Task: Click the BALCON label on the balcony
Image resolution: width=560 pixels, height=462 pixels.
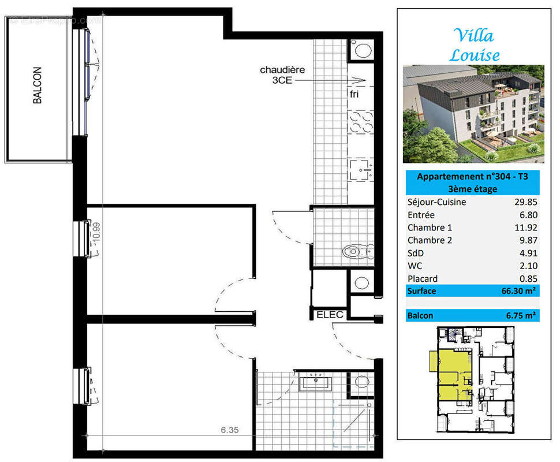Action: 37,85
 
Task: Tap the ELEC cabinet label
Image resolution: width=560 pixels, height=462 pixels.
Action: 330,315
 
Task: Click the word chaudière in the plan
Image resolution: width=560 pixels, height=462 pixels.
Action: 282,70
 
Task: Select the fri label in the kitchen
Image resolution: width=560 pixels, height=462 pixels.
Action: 354,94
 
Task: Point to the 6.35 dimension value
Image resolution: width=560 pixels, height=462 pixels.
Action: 229,430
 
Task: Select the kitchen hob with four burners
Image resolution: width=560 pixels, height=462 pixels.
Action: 361,122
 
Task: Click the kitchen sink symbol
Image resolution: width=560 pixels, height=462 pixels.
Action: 361,170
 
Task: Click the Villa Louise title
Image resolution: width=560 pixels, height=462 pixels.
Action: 475,46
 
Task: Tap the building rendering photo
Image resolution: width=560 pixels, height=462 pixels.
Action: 473,114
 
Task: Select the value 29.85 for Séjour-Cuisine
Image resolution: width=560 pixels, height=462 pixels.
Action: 526,202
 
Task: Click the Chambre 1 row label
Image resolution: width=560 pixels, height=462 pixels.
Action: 430,228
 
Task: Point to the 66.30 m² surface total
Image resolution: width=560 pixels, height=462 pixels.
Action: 518,291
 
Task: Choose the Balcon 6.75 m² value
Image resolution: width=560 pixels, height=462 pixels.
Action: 521,315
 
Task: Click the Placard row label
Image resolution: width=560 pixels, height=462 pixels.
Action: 423,279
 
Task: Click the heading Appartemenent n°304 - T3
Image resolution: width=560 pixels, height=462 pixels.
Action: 472,177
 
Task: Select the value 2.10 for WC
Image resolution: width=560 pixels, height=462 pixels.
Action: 528,266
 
